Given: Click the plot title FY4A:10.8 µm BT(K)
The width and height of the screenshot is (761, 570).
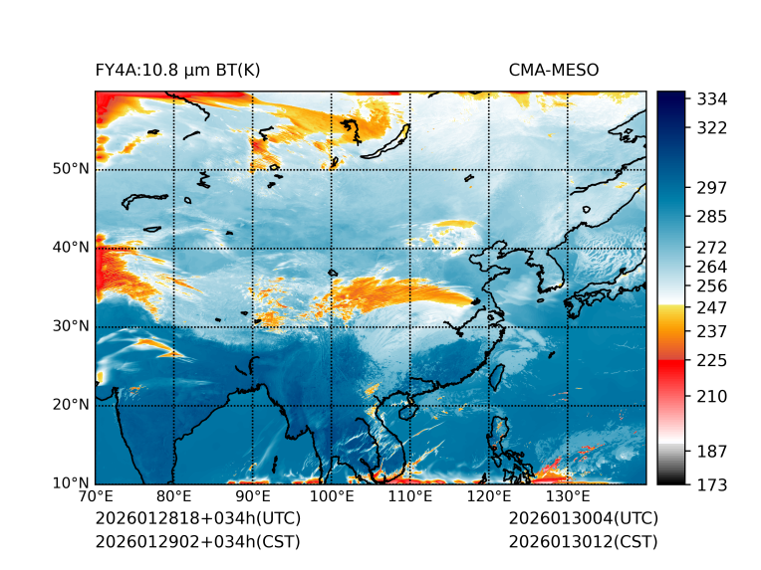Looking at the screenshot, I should point(177,70).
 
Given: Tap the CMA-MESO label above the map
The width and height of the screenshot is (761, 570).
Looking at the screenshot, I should point(554,70).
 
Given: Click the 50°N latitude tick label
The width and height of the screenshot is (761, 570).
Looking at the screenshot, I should point(71,169).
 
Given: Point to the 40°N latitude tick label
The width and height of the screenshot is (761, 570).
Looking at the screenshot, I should point(71,248).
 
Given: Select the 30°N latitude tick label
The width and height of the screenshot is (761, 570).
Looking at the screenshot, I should point(71,326).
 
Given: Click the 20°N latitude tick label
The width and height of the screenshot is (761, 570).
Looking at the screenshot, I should point(71,405).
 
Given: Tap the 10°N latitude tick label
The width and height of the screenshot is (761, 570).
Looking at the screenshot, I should point(71,483).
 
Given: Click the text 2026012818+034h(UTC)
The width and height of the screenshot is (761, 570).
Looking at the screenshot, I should point(197,519).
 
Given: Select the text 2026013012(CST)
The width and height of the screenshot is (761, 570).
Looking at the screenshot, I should point(583,541).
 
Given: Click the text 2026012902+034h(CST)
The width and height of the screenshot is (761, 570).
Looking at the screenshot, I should point(197,541).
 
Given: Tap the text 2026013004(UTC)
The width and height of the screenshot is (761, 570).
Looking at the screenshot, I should point(583,519).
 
